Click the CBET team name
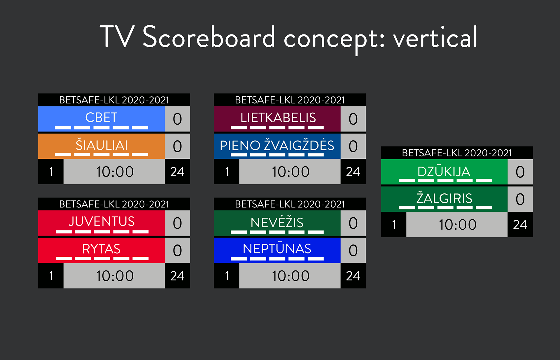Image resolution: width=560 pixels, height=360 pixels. (x=101, y=118)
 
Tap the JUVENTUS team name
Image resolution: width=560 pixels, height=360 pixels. (x=101, y=221)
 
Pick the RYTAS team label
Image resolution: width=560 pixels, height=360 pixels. (x=101, y=249)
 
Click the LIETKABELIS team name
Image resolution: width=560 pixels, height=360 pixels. (x=278, y=118)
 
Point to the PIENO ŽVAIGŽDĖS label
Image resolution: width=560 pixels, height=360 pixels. (x=277, y=145)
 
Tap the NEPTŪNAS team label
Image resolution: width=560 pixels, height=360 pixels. (x=277, y=248)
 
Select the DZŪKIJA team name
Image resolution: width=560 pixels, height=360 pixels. (x=444, y=171)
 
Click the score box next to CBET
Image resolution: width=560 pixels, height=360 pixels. (x=177, y=119)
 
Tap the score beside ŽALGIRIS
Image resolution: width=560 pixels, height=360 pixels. (x=520, y=199)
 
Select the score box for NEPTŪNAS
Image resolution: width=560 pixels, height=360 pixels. (x=353, y=250)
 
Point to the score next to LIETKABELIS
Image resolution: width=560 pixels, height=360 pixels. (x=353, y=119)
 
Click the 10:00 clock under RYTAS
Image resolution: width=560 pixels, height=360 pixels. (x=115, y=276)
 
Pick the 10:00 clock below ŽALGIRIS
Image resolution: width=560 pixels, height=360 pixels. (x=458, y=225)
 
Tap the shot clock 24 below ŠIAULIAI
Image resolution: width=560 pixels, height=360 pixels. (x=177, y=172)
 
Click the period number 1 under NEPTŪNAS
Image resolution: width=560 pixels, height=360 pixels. (x=227, y=276)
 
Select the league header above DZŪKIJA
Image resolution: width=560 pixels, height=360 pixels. (x=457, y=153)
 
